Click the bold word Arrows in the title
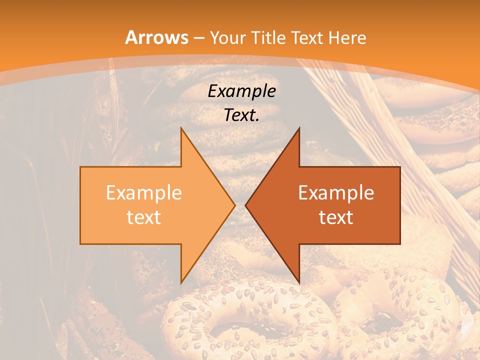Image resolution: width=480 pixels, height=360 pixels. point(157,37)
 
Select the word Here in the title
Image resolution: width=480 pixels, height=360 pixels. point(347,37)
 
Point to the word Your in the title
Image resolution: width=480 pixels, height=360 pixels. point(228,37)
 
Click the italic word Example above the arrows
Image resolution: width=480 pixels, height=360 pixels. point(241,91)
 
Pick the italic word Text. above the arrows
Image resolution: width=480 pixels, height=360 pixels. point(241,115)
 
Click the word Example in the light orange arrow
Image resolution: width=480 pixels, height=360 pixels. point(144,192)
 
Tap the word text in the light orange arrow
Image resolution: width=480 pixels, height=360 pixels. point(144,217)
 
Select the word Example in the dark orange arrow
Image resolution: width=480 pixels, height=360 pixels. point(336,192)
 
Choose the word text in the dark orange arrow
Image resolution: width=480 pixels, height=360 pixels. point(336,217)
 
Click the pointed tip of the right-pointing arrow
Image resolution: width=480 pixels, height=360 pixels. point(235,205)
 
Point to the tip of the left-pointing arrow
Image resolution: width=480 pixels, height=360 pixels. point(245,205)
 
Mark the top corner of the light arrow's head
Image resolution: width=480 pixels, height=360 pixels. point(181,128)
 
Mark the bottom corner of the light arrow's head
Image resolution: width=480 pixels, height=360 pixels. point(181,283)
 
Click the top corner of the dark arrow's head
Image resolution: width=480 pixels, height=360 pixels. point(299,128)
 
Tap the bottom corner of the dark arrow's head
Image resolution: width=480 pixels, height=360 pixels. point(299,283)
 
